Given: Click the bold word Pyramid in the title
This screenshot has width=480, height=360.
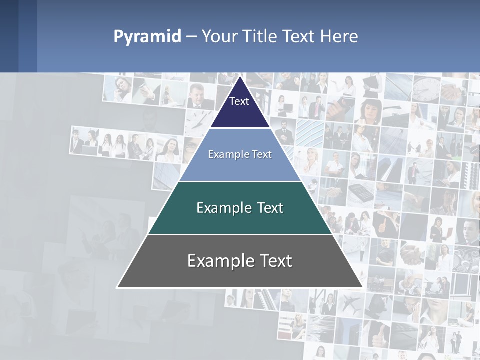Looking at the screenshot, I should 147,36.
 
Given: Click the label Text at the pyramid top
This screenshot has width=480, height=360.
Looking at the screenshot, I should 239,101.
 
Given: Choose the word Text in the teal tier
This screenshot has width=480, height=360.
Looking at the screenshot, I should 271,208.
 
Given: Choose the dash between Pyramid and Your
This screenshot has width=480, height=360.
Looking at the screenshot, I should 191,36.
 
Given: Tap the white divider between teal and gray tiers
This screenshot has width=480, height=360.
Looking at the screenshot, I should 240,234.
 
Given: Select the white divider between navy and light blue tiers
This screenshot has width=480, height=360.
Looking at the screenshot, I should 240,128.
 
